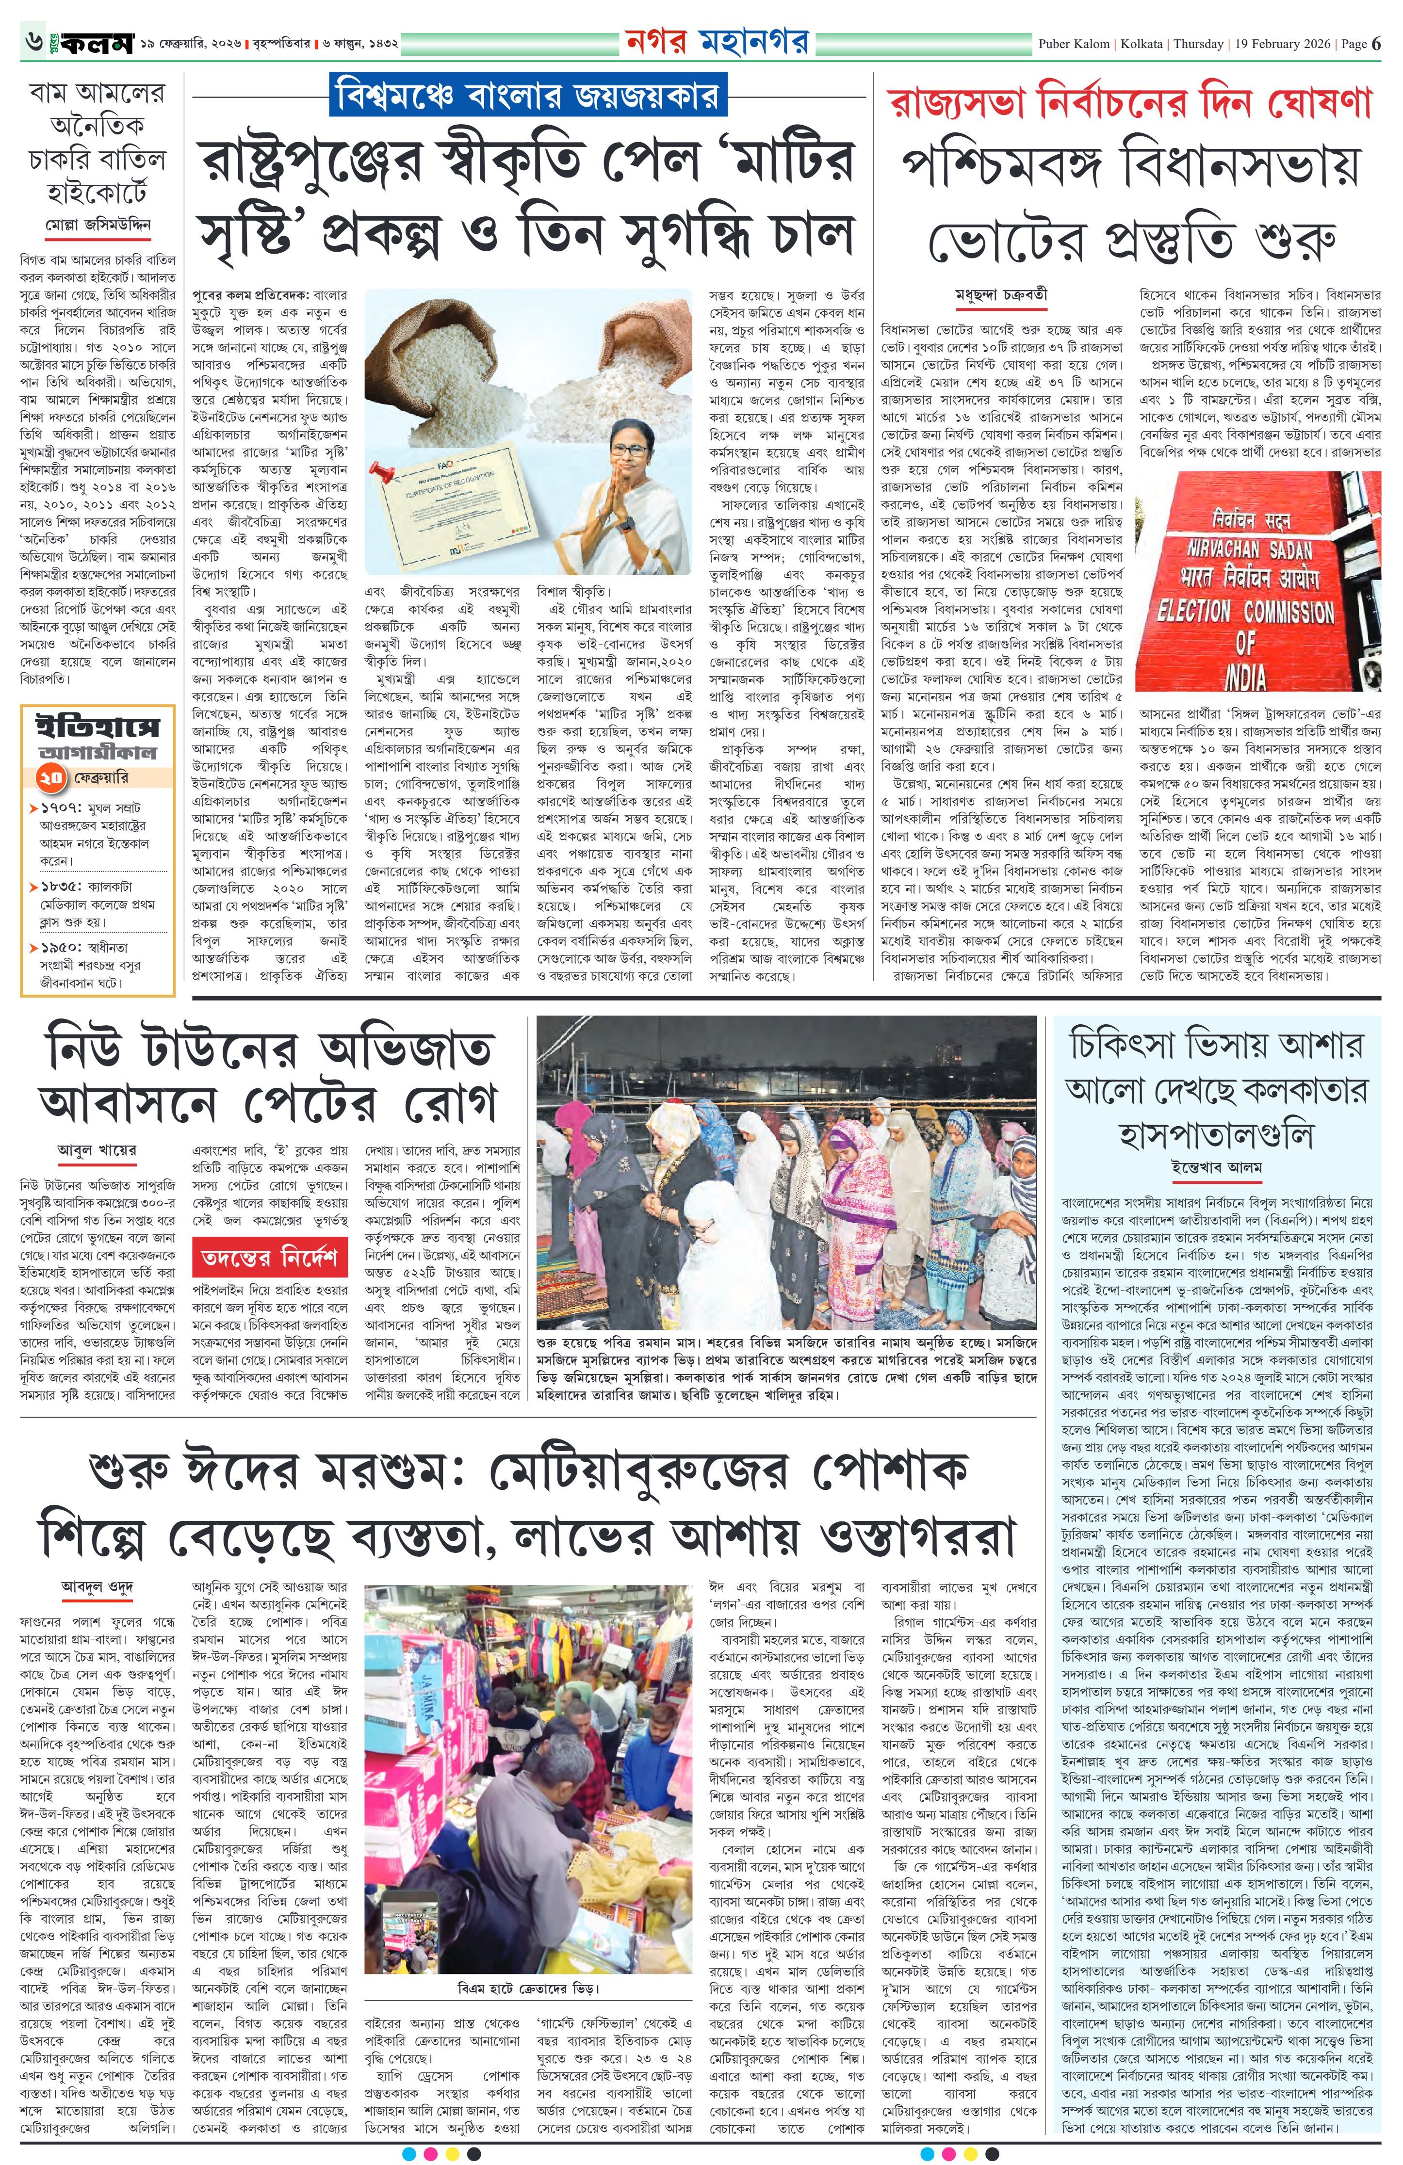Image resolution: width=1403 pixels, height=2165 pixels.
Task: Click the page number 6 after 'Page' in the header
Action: tap(1377, 44)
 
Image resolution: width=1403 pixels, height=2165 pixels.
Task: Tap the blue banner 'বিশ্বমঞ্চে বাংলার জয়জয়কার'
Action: tap(526, 96)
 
